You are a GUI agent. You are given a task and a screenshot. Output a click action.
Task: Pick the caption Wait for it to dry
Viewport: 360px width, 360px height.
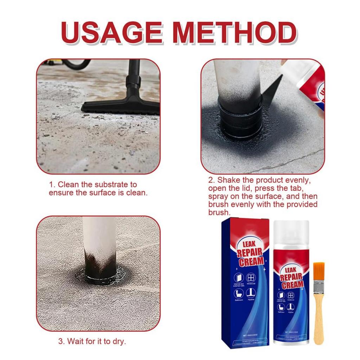tap(92, 341)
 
